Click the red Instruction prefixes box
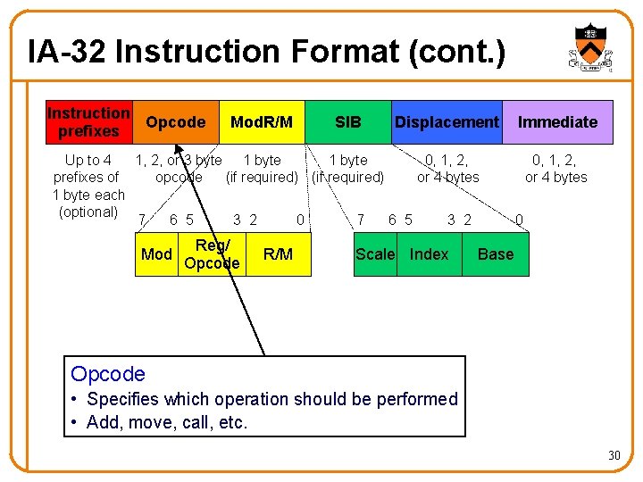[x=88, y=122]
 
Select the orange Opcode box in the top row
[x=175, y=122]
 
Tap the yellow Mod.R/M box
[x=262, y=122]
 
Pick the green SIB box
[x=347, y=122]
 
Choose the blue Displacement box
[x=447, y=122]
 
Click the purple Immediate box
[x=558, y=122]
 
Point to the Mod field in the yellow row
[x=156, y=254]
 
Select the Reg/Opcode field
[x=212, y=254]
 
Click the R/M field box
[x=278, y=254]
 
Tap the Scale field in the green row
[x=375, y=254]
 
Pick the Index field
[x=429, y=254]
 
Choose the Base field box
[x=496, y=254]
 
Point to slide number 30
[x=614, y=456]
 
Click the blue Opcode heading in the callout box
[x=108, y=374]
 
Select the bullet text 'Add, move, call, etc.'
[x=167, y=422]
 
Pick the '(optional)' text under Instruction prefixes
[x=88, y=212]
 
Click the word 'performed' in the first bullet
[x=413, y=399]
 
